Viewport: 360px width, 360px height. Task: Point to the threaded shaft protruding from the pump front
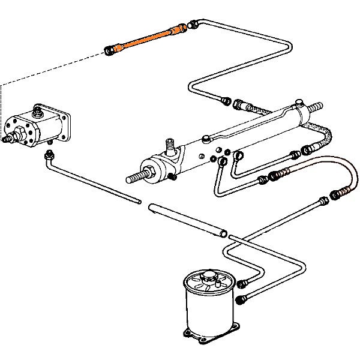point(10,139)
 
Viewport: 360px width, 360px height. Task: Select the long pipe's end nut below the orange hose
point(226,100)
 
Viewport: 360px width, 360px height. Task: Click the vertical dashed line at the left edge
point(2,102)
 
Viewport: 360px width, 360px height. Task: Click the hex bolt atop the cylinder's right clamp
point(298,103)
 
